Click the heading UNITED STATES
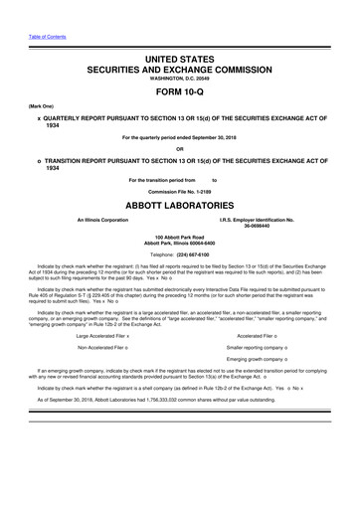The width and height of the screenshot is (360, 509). pyautogui.click(x=179, y=60)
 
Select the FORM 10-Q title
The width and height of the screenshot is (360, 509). pyautogui.click(x=179, y=97)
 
